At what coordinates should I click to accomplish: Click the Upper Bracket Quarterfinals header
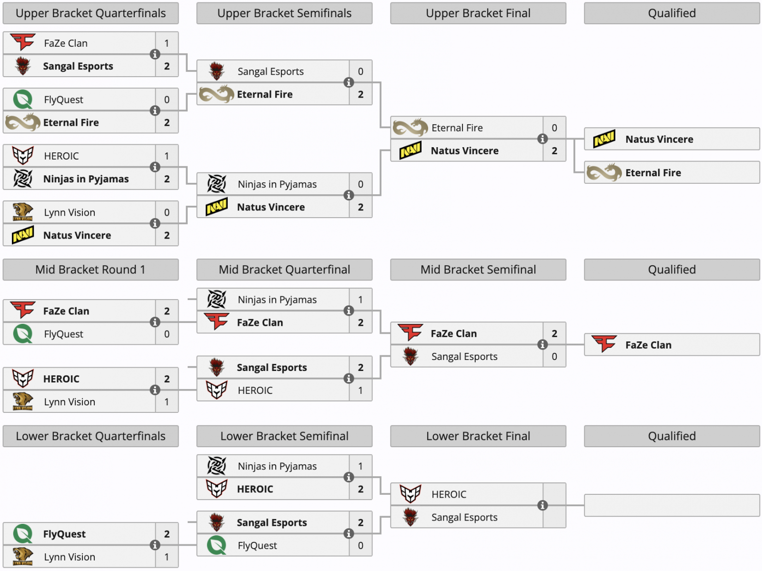pos(90,13)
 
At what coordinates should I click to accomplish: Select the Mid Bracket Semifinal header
pos(478,270)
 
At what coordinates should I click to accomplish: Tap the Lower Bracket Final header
pos(478,436)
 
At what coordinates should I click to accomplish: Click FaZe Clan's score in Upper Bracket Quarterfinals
pos(167,43)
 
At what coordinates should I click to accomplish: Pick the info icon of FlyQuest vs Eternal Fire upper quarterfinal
pos(155,111)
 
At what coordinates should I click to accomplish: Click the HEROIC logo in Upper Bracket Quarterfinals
pos(23,156)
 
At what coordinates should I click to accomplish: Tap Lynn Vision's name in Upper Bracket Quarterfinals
pos(70,212)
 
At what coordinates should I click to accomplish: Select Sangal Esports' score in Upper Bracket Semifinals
pos(361,71)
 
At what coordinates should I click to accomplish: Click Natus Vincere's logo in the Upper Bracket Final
pos(411,150)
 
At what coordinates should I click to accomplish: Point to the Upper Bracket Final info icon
pos(542,139)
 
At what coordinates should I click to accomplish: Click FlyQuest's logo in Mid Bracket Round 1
pos(23,333)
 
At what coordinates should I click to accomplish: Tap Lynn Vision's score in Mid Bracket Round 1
pos(167,401)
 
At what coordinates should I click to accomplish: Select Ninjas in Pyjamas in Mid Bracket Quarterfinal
pos(277,300)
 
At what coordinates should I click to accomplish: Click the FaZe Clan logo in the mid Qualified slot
pos(604,344)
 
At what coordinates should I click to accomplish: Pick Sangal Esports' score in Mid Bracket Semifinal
pos(554,357)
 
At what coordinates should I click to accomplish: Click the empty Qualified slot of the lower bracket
pos(672,505)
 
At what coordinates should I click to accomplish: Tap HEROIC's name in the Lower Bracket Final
pos(449,494)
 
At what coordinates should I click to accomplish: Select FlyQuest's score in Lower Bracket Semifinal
pos(361,545)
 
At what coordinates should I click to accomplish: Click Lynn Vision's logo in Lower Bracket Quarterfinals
pos(23,556)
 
